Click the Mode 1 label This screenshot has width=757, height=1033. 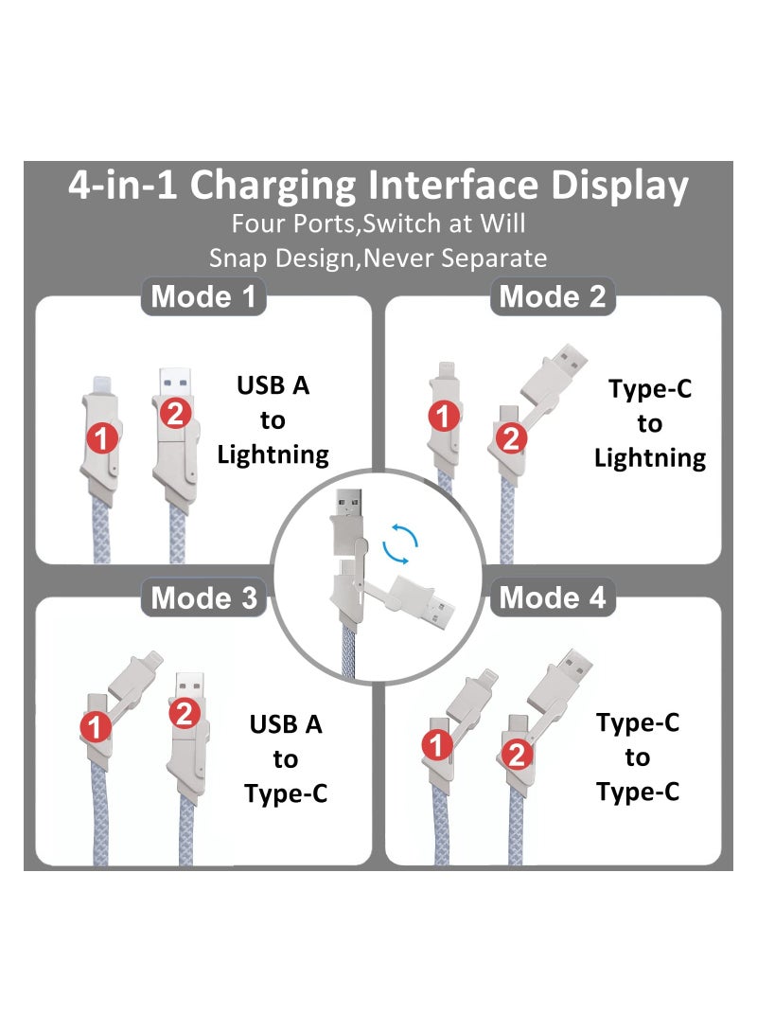tap(203, 297)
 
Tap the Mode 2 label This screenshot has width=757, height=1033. tap(553, 297)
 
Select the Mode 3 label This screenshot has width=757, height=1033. tap(203, 598)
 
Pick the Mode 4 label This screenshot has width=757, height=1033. tap(553, 598)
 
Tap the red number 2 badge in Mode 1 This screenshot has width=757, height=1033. tap(177, 413)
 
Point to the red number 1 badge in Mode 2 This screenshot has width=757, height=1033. tap(444, 415)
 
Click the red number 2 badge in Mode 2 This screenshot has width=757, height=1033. tap(511, 438)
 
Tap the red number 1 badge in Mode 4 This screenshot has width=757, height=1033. tap(437, 746)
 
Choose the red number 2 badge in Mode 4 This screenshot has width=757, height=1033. tap(517, 755)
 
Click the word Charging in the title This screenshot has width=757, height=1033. tap(274, 186)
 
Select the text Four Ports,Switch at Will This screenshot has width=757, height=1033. tap(378, 225)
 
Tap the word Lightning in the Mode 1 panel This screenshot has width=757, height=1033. tap(273, 454)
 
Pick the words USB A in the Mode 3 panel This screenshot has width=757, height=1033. tap(286, 725)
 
